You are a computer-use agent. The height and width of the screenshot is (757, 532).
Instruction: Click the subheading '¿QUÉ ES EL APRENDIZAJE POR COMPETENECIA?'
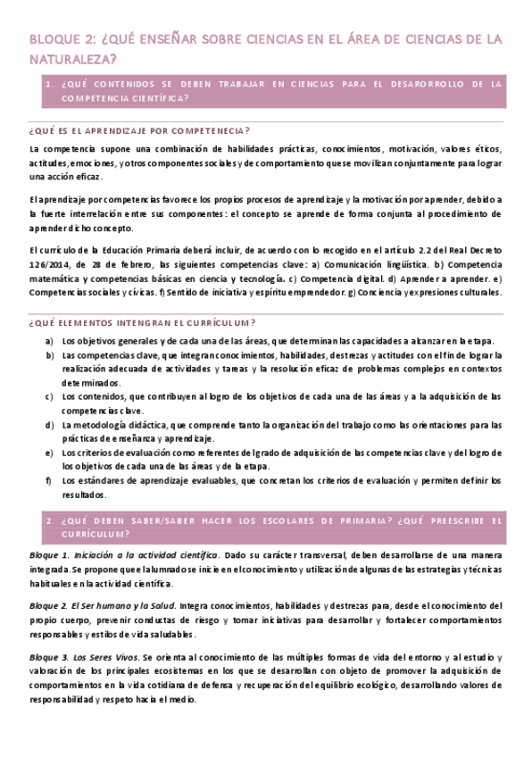click(140, 129)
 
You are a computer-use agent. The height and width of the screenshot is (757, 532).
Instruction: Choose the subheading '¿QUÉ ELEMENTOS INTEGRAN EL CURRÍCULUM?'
click(142, 322)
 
